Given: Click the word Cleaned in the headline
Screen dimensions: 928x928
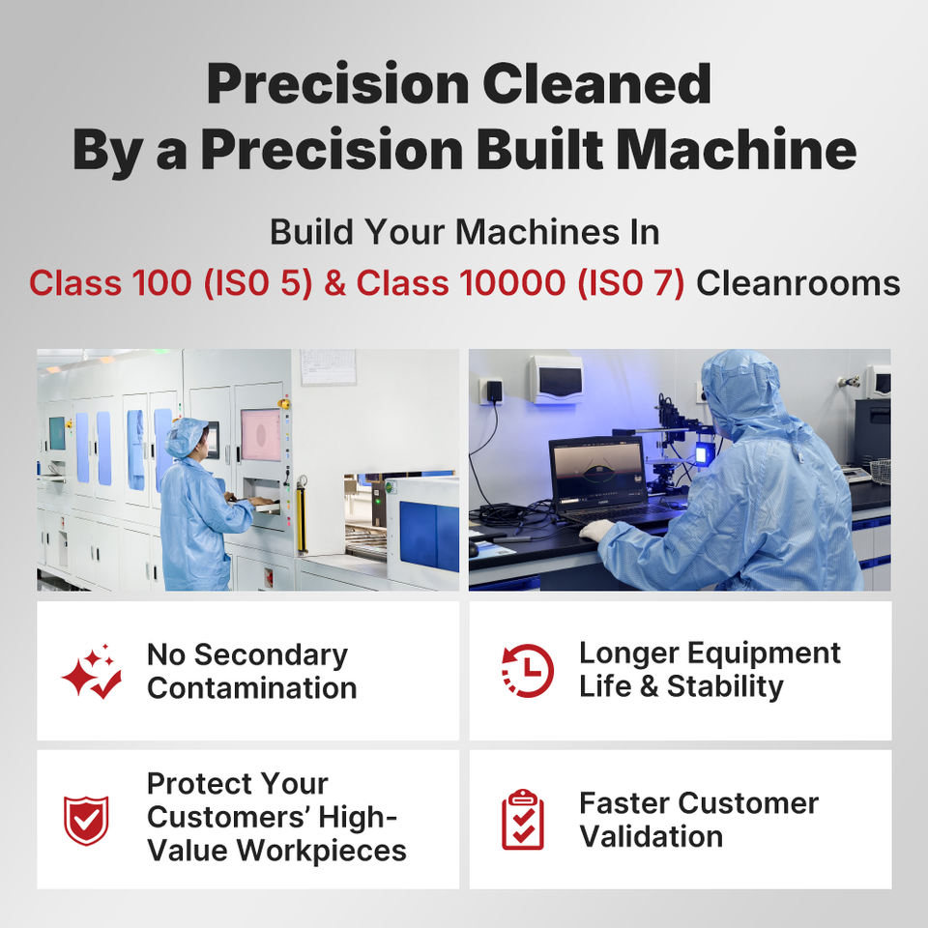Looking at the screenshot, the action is point(596,83).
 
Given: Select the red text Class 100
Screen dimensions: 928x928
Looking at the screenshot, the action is point(110,282).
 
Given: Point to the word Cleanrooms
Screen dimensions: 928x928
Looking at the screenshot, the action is point(797,283).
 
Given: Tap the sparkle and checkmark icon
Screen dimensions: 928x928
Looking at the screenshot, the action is point(92,671).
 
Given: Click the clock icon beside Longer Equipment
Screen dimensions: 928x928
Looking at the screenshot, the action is point(528,671).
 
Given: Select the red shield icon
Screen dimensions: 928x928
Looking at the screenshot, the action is point(86,821).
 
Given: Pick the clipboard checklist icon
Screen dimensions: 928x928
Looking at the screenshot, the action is point(523,820).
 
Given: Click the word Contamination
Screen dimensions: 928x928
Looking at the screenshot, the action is point(252,688).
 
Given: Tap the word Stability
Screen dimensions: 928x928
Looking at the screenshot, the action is point(725,687).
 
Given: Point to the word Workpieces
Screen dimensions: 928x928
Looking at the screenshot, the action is point(321,851).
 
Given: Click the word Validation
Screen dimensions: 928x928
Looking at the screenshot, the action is point(651,837).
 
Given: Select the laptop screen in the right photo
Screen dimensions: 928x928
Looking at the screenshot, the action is point(597,470).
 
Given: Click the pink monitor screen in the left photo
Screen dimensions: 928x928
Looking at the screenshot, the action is point(261,435).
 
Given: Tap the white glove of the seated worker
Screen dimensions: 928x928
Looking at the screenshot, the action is point(596,531).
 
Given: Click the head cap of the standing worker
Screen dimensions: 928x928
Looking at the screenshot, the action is point(186,437).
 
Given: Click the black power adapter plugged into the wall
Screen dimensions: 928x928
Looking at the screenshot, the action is point(494,391).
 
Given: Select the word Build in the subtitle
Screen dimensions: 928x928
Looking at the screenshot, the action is point(311,231).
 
